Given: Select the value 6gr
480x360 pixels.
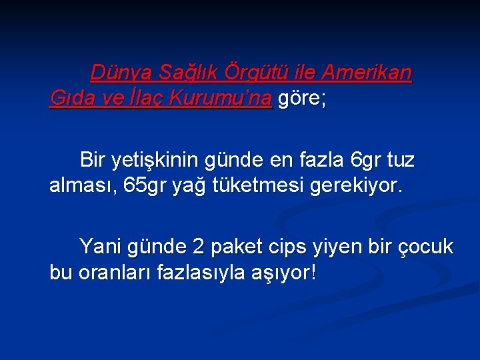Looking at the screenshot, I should (365, 161).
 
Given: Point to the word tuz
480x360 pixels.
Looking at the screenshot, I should (400, 161).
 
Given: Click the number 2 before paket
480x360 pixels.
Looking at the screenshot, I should (197, 247).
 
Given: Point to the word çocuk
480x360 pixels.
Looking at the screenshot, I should (425, 247).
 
